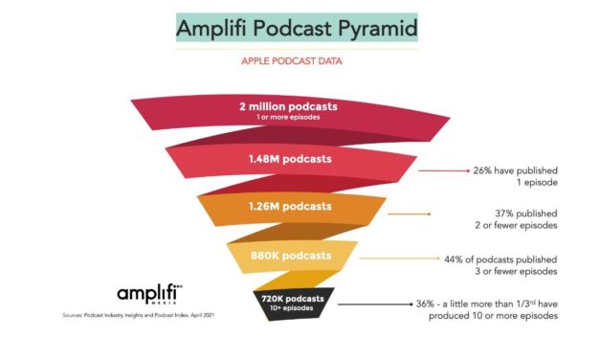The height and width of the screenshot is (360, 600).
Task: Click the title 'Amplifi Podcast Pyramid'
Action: [297, 27]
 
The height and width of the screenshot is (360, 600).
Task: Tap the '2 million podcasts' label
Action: [288, 107]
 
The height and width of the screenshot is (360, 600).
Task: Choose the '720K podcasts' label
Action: [294, 298]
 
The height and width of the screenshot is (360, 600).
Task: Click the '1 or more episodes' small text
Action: [288, 118]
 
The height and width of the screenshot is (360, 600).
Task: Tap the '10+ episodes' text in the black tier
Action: [294, 307]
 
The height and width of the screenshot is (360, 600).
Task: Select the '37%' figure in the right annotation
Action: [482, 214]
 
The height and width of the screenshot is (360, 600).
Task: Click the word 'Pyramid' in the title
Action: [374, 27]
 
